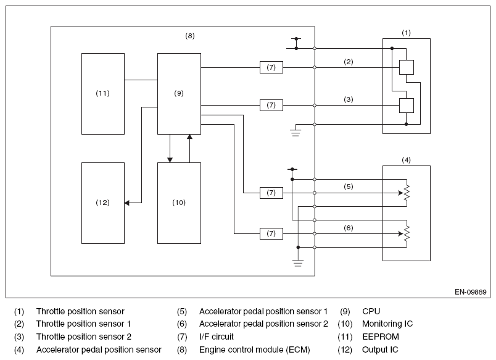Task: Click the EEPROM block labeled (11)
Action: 103,94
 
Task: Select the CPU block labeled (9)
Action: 179,94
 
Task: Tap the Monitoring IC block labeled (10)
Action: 179,203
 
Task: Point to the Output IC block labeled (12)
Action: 103,203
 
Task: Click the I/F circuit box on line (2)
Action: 271,67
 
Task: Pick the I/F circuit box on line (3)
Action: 271,105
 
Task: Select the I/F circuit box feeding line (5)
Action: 271,193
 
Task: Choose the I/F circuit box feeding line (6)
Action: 271,233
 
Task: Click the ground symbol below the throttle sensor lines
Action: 296,133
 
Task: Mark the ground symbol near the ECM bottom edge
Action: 298,263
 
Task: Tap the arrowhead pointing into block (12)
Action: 127,203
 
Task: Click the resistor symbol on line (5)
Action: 407,193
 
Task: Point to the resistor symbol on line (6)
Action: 407,233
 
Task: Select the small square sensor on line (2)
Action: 407,67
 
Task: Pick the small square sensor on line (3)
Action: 407,106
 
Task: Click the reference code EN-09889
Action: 470,292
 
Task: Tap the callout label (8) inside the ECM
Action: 190,36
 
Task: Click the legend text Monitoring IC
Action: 387,324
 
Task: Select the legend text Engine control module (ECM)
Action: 255,350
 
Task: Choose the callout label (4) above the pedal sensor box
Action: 406,160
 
